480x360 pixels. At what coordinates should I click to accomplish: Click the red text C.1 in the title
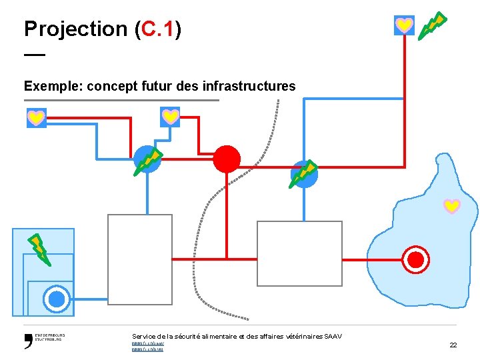(x=157, y=29)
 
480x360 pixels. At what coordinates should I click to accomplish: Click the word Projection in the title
(x=75, y=29)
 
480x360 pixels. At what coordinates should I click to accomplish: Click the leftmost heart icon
(x=36, y=118)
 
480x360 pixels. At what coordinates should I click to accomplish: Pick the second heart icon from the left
(x=170, y=117)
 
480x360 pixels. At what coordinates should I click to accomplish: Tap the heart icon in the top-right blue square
(x=404, y=25)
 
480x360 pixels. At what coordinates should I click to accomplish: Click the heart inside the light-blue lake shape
(x=452, y=206)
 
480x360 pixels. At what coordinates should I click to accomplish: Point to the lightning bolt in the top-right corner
(x=432, y=25)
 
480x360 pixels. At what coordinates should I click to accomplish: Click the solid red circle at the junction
(x=227, y=159)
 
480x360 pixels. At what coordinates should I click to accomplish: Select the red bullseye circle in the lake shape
(x=417, y=259)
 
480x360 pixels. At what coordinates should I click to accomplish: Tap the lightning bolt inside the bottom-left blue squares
(x=38, y=248)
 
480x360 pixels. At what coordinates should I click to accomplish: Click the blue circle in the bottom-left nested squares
(x=57, y=298)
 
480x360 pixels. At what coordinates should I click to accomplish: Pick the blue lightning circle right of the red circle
(x=304, y=174)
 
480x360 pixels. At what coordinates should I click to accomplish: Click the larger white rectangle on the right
(x=299, y=253)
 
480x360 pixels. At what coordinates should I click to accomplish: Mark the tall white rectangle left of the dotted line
(x=140, y=259)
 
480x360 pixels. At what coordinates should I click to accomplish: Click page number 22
(x=453, y=345)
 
